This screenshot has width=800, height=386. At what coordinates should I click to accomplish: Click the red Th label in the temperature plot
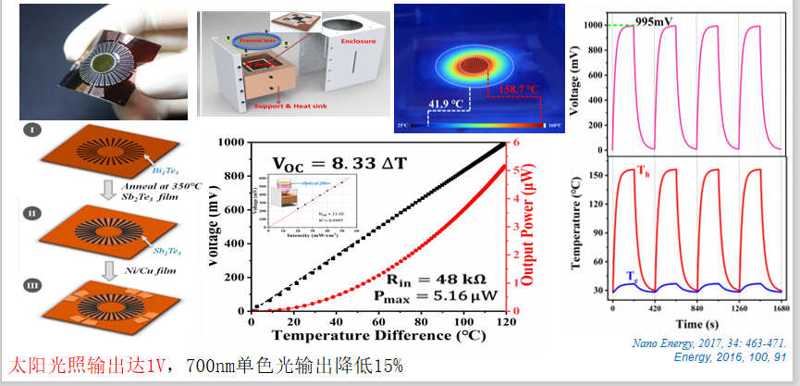tap(640, 172)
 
